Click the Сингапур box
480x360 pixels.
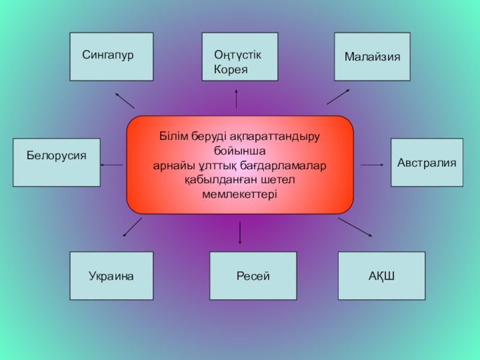coord(112,56)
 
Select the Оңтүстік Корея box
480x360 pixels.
coord(240,56)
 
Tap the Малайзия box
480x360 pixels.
coord(372,56)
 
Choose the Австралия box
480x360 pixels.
coord(427,162)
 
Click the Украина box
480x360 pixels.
coord(112,276)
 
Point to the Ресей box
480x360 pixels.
coord(253,276)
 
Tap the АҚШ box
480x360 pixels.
coord(382,276)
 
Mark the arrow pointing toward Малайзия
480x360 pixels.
coord(338,97)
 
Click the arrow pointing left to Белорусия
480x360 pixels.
coord(112,164)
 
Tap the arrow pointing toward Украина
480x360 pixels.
coord(133,227)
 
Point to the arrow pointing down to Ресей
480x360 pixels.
coord(240,232)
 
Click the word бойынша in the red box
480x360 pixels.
coord(239,150)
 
